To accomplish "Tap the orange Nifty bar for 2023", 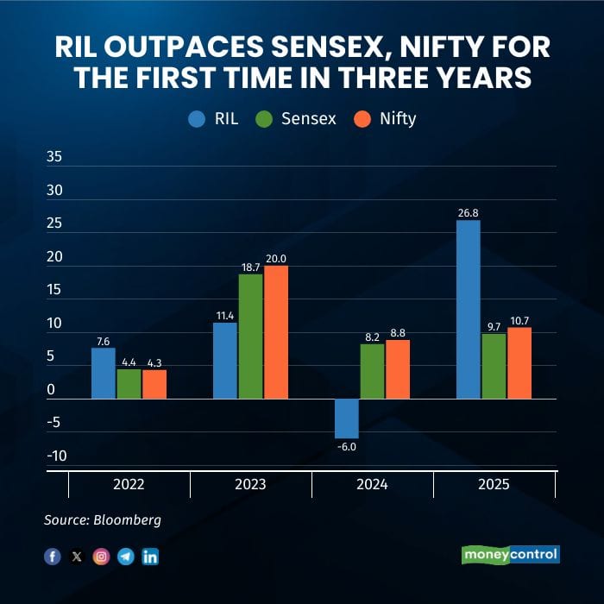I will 276,332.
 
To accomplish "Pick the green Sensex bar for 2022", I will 129,384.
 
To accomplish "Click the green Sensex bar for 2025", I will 494,366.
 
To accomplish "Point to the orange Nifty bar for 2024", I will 398,369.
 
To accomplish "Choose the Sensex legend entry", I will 299,119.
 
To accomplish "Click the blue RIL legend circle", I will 197,119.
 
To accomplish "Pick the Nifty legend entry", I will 386,119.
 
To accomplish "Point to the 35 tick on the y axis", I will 53,158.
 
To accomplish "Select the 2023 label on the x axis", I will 250,485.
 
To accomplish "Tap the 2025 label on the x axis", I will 494,485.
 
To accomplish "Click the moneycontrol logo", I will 511,554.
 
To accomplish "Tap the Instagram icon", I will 101,557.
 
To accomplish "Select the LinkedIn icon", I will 150,557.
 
